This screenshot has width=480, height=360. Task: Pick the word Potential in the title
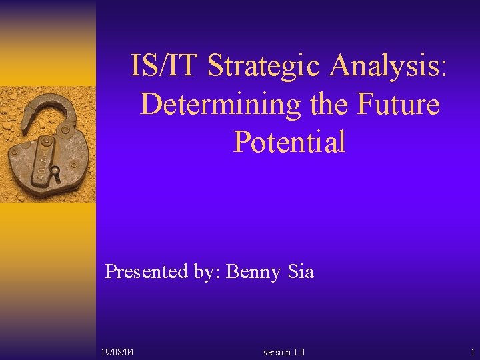289,142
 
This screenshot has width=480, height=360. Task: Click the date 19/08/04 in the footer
117,351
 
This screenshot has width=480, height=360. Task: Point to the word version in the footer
277,351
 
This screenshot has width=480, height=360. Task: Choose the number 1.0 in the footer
299,351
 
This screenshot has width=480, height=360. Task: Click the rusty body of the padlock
43,163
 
